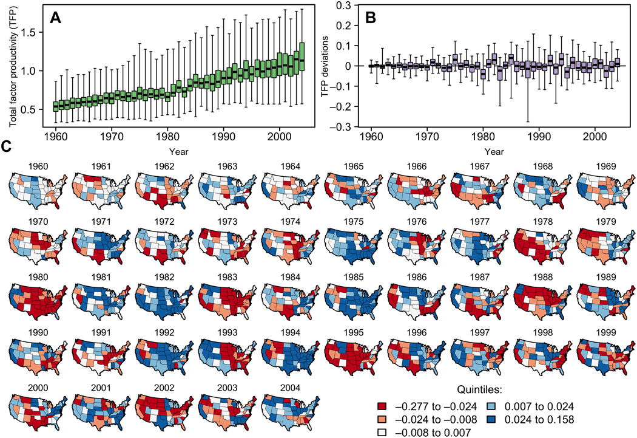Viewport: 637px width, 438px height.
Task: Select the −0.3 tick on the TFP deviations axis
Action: click(348, 126)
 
